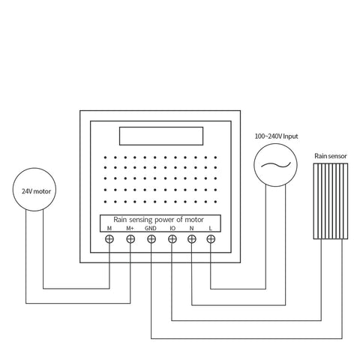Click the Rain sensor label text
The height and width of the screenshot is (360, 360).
(330, 155)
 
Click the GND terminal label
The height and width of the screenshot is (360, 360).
(151, 228)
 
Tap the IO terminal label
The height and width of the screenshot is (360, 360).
(172, 228)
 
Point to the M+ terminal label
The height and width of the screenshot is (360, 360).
(130, 228)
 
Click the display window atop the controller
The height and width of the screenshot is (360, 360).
(160, 136)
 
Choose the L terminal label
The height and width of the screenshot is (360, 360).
(211, 228)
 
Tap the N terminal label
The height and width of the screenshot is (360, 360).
(192, 228)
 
